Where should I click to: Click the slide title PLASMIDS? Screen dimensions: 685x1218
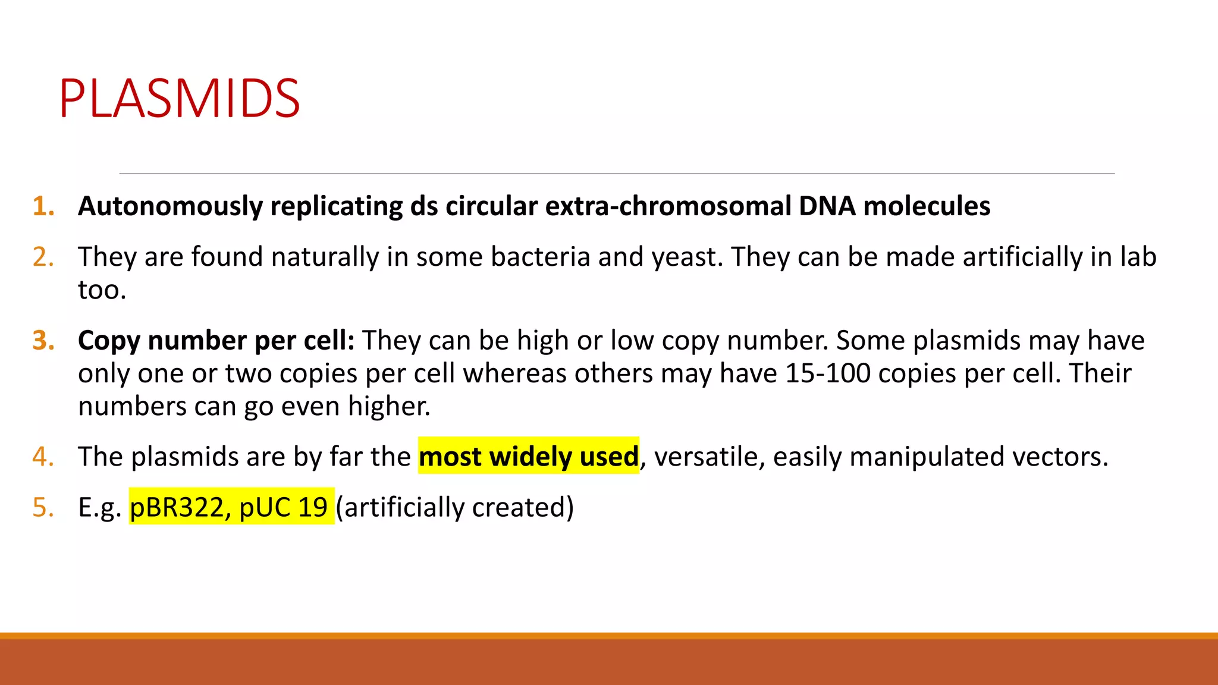coord(179,98)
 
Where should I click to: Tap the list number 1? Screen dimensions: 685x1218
coord(43,206)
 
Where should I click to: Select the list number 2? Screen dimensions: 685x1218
coord(43,257)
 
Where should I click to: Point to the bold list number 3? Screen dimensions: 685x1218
coord(43,341)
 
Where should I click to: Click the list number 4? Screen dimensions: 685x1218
coord(43,457)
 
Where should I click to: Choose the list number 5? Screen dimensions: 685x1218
coord(43,507)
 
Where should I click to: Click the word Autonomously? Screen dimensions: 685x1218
coord(170,206)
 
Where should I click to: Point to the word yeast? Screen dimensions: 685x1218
coord(686,257)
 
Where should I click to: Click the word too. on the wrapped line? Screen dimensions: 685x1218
coord(102,290)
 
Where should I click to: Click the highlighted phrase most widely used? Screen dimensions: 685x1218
coord(528,457)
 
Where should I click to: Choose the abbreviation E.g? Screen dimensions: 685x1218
coord(99,507)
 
